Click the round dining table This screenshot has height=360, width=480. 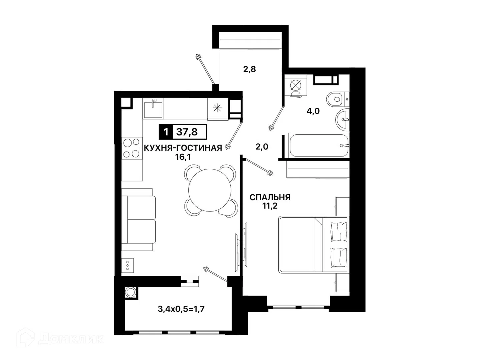(209, 190)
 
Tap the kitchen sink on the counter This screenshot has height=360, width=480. (153, 108)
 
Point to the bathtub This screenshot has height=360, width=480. (319, 145)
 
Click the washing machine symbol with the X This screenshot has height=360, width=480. (296, 85)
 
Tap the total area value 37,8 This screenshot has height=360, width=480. (187, 132)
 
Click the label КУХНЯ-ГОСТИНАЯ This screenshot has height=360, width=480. (183, 148)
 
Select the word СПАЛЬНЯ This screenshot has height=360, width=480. (270, 197)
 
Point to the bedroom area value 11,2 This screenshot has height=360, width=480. (270, 206)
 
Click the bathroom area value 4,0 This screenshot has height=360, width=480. (313, 111)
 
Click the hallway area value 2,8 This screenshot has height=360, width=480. (250, 69)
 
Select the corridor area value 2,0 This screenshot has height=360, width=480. (262, 147)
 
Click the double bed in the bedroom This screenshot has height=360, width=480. (313, 244)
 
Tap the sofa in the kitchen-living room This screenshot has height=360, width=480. (138, 219)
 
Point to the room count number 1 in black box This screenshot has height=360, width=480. (166, 132)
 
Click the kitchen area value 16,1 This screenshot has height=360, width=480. (183, 157)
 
